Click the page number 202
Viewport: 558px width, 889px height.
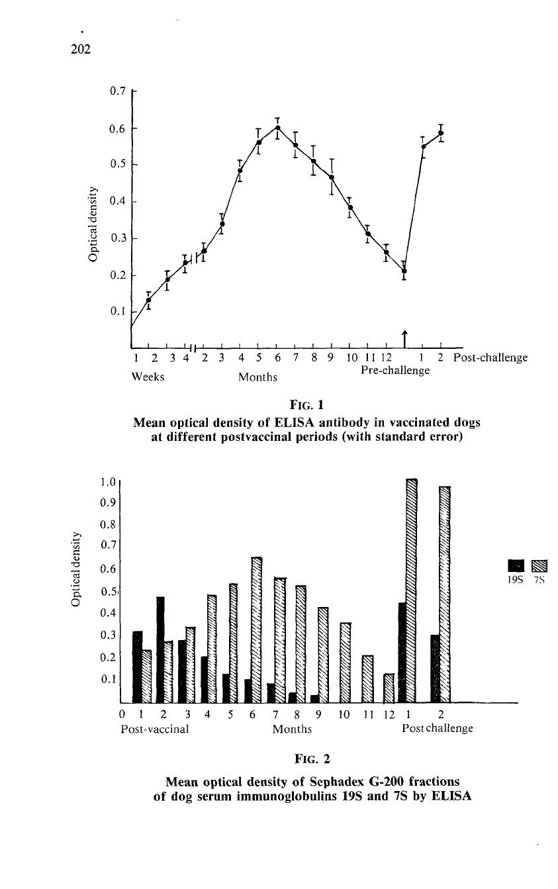81,49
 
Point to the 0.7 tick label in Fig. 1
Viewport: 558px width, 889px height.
117,91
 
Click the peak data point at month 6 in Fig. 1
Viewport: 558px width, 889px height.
278,127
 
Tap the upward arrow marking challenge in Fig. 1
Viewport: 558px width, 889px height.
404,338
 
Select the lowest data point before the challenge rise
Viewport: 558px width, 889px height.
404,271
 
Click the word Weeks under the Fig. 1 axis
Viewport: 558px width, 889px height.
148,377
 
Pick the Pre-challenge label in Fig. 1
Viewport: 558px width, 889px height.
395,370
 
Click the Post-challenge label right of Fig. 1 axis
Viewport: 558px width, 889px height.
490,357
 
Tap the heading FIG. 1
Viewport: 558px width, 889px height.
306,405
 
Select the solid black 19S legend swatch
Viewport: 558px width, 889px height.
516,565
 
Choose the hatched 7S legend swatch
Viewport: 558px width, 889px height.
539,565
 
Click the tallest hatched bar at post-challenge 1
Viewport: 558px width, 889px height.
412,591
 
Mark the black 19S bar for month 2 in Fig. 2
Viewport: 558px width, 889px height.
160,649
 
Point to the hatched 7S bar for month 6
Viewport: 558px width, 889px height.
257,630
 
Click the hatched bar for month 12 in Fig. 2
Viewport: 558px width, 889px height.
389,688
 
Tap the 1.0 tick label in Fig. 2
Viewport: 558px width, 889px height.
107,482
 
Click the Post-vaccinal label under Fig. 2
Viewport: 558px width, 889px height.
155,729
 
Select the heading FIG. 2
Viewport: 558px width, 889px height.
312,759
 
